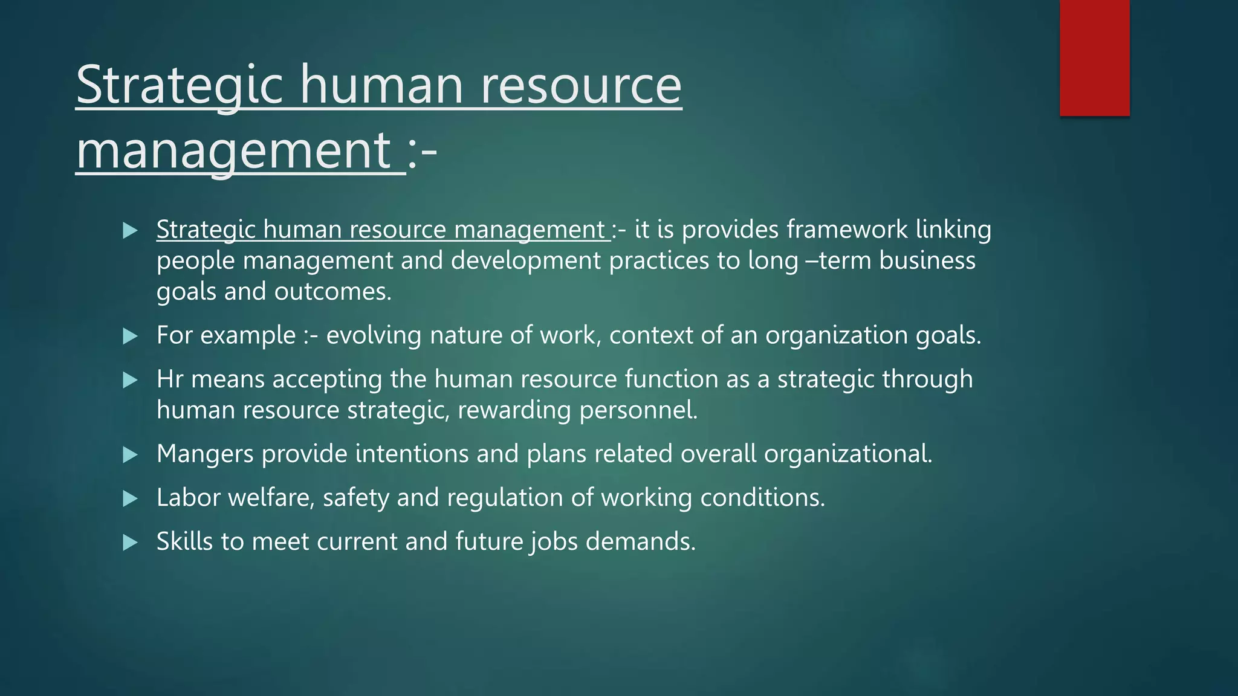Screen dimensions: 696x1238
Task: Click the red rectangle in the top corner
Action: pos(1094,58)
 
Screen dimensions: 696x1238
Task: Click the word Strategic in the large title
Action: pos(180,85)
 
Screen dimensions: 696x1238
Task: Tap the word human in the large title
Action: pos(382,85)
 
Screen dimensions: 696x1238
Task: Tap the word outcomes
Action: pos(333,292)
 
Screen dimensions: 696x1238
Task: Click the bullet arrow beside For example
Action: pos(130,336)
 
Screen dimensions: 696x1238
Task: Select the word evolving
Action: pos(374,335)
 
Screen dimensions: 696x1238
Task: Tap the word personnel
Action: pos(638,410)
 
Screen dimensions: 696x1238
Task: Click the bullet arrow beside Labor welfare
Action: pos(130,498)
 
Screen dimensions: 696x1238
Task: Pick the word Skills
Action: pos(184,541)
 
